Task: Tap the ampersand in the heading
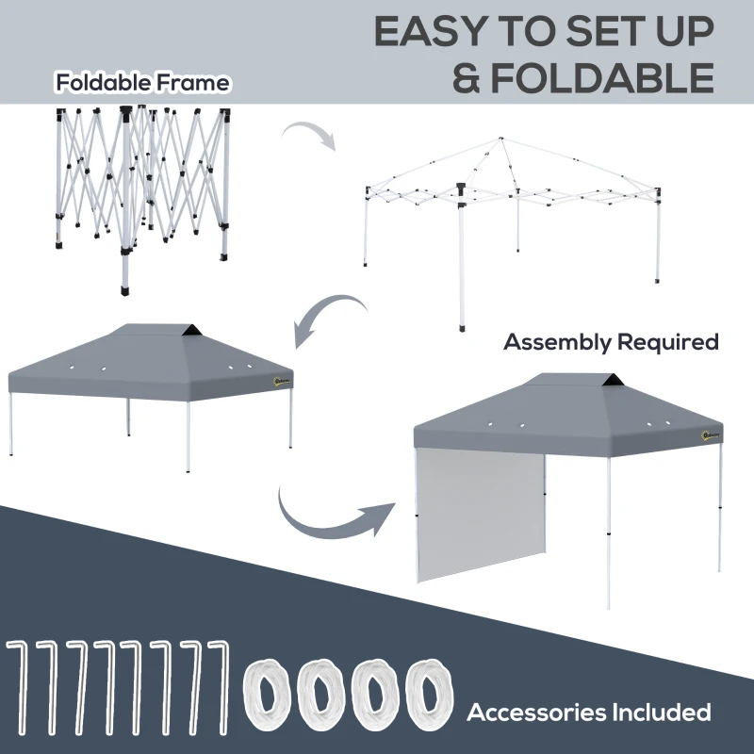468,77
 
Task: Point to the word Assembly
557,341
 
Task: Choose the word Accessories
534,711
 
